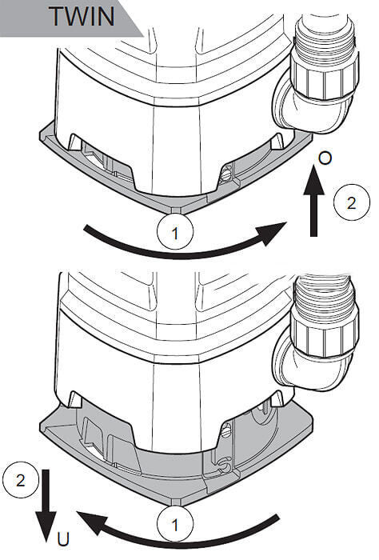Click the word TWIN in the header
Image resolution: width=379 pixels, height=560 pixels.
(82, 16)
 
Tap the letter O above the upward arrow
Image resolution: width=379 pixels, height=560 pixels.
(325, 158)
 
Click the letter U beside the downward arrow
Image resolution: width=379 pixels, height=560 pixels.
(63, 540)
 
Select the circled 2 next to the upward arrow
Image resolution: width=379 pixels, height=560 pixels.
(351, 202)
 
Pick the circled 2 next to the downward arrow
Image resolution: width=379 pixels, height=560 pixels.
(20, 480)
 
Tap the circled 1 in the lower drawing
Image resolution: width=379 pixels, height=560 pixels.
(175, 524)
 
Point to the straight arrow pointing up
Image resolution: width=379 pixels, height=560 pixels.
(313, 201)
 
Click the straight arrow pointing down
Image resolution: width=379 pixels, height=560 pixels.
(46, 506)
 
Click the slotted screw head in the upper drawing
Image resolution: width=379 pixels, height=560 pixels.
(225, 174)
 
